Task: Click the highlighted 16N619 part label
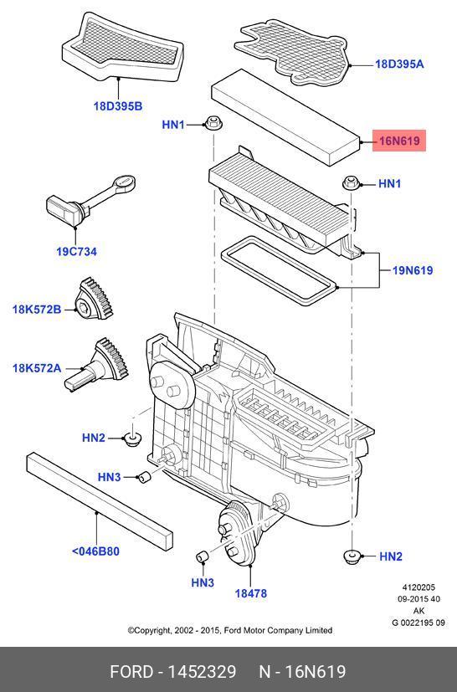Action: coord(399,141)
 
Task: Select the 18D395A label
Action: coord(399,64)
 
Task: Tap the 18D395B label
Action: coord(118,106)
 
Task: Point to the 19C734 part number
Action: coord(76,252)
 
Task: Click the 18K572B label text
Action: coord(37,310)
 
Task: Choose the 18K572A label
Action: coord(37,367)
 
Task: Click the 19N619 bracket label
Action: coord(413,270)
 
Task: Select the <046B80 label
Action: coord(95,551)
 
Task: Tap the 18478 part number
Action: coord(251,593)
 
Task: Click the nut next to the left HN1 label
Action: coord(213,123)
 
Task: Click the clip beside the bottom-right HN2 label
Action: coord(352,556)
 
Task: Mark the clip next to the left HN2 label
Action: coord(132,438)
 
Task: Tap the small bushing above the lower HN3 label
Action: coord(202,557)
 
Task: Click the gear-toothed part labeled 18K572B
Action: coord(94,299)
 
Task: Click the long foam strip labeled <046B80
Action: coord(100,501)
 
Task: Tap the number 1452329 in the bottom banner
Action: coord(202,672)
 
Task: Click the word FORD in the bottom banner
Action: coord(131,672)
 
